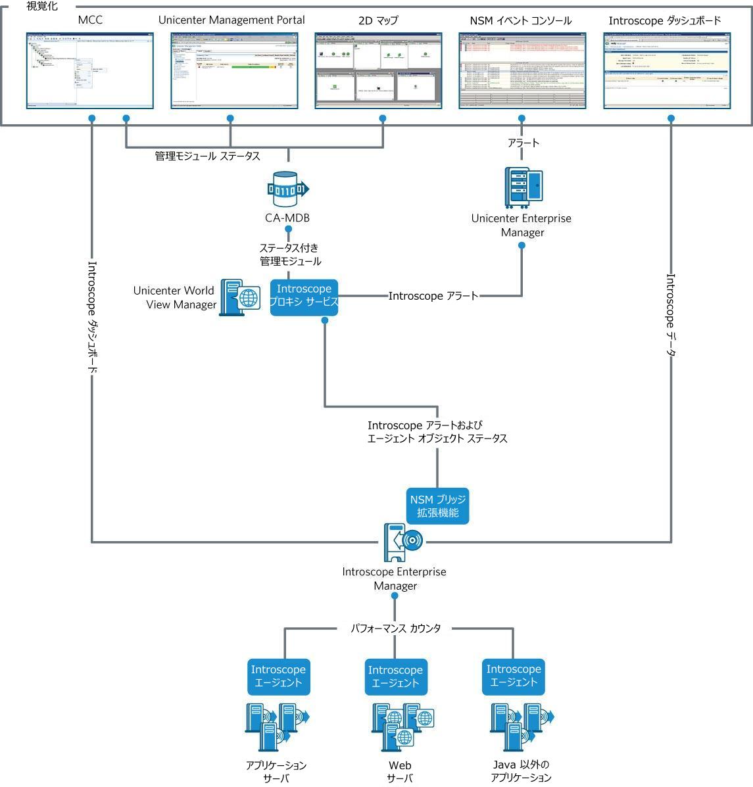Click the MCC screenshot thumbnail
[89, 70]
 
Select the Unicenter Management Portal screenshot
[235, 70]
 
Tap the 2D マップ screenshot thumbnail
[378, 70]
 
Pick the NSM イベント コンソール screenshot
[522, 70]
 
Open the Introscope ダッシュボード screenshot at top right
[666, 70]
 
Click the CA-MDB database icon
[288, 189]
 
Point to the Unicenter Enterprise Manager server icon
[524, 186]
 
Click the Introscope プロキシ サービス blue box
[304, 297]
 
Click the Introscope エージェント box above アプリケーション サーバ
[278, 677]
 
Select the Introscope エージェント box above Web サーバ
[395, 677]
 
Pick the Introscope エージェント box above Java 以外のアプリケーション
[514, 677]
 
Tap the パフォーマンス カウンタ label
[395, 629]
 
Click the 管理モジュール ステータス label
[207, 156]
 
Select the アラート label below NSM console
[523, 143]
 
